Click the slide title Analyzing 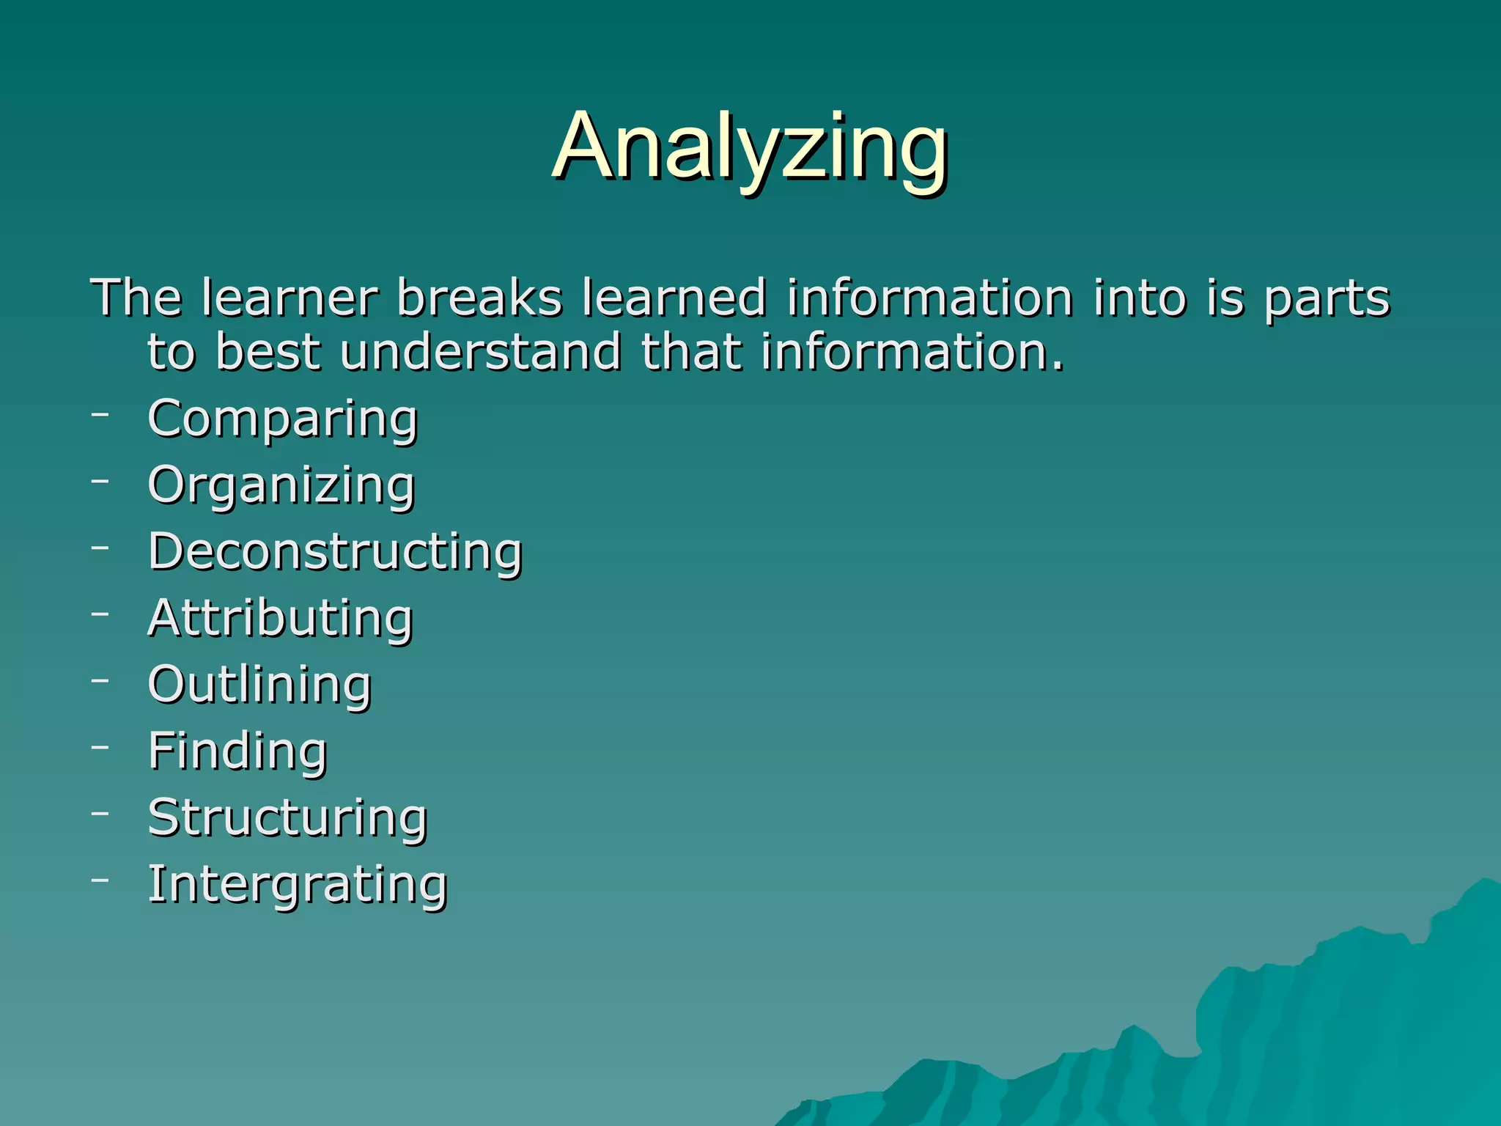click(x=750, y=147)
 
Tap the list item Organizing click(x=281, y=486)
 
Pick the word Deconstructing click(x=335, y=552)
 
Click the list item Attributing click(x=281, y=619)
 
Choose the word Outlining click(x=259, y=685)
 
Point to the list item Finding click(x=237, y=751)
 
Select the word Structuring click(x=287, y=817)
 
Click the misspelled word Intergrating click(x=298, y=884)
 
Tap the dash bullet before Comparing click(x=100, y=414)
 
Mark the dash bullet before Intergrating click(x=100, y=879)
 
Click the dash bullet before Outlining click(x=100, y=680)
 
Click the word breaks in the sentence click(x=479, y=298)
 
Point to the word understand click(x=481, y=352)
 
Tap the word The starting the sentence click(x=136, y=298)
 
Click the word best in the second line click(x=268, y=352)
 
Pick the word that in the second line click(x=691, y=352)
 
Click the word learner click(x=289, y=298)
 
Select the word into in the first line click(x=1138, y=298)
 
